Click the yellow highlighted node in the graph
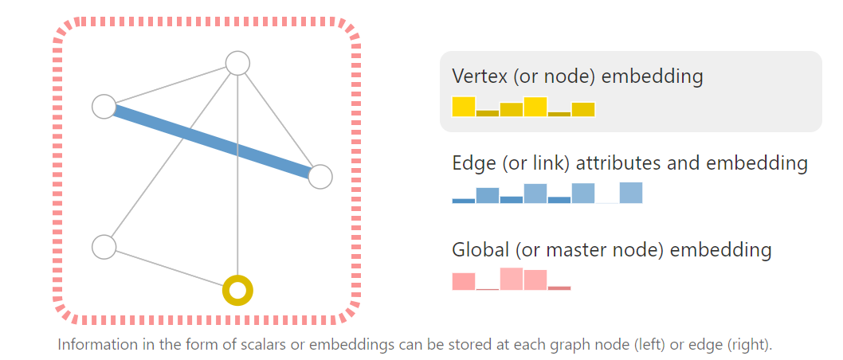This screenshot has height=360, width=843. tap(237, 291)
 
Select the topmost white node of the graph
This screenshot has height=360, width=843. tap(237, 63)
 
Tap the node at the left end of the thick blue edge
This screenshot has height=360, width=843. tap(104, 106)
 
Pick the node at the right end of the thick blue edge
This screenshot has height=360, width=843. tap(320, 177)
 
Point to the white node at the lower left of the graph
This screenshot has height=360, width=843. tap(104, 247)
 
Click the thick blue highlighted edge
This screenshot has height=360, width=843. tap(212, 142)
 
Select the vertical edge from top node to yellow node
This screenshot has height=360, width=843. tap(237, 199)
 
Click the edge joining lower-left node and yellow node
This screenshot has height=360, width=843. tap(171, 268)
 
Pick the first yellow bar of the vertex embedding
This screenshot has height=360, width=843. tap(464, 107)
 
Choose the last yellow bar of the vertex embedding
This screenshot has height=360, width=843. tap(583, 110)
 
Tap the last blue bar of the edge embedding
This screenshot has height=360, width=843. tap(631, 193)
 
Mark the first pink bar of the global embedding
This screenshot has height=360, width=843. tap(464, 281)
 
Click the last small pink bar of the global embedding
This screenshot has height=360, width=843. tap(559, 288)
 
